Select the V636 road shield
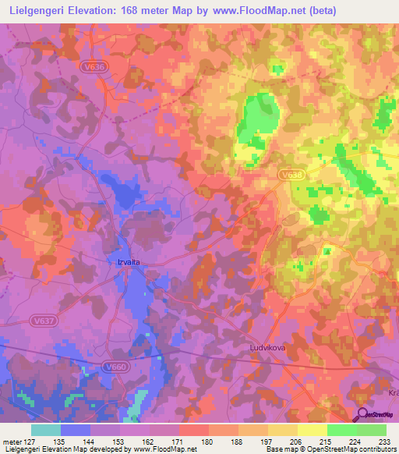(x=93, y=68)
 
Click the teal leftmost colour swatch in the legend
(x=46, y=430)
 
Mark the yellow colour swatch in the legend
(x=312, y=430)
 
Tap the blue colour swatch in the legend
(x=76, y=430)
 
